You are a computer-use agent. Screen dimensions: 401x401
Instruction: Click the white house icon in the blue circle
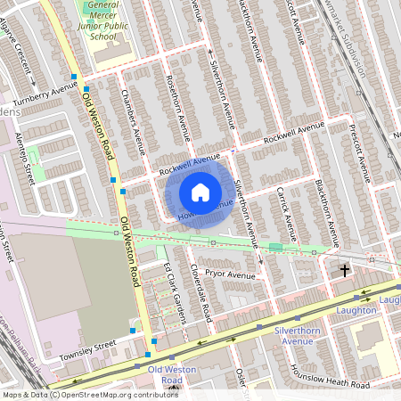click(200, 192)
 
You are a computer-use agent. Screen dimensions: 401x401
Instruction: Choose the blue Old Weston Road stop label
click(166, 373)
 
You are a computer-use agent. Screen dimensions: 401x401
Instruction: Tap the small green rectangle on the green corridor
click(276, 247)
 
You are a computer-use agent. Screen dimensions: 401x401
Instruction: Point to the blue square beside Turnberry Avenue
click(75, 78)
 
